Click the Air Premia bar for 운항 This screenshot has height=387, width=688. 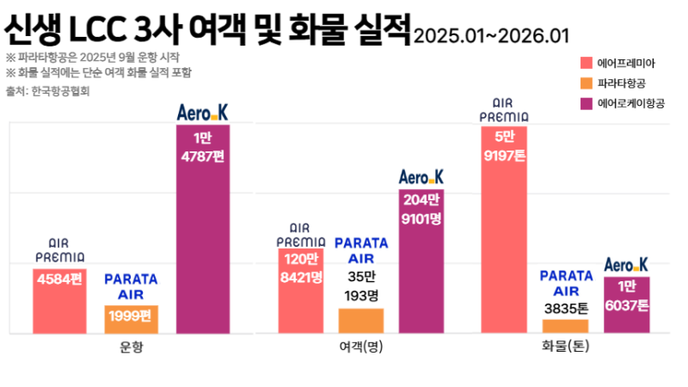59,301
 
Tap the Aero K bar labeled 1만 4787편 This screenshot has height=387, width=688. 202,229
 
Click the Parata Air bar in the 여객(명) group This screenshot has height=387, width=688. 361,321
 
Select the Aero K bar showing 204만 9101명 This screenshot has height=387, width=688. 421,261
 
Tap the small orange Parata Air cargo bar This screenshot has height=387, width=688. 566,326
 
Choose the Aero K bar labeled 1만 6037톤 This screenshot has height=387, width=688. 626,305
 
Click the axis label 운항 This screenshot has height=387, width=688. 132,347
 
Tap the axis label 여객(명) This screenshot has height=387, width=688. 361,347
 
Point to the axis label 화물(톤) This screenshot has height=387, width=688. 566,347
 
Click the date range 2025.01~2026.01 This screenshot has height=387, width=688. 491,36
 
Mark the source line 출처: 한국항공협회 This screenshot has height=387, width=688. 48,90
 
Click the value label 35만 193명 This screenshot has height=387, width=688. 361,286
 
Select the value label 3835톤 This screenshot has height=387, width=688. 566,306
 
